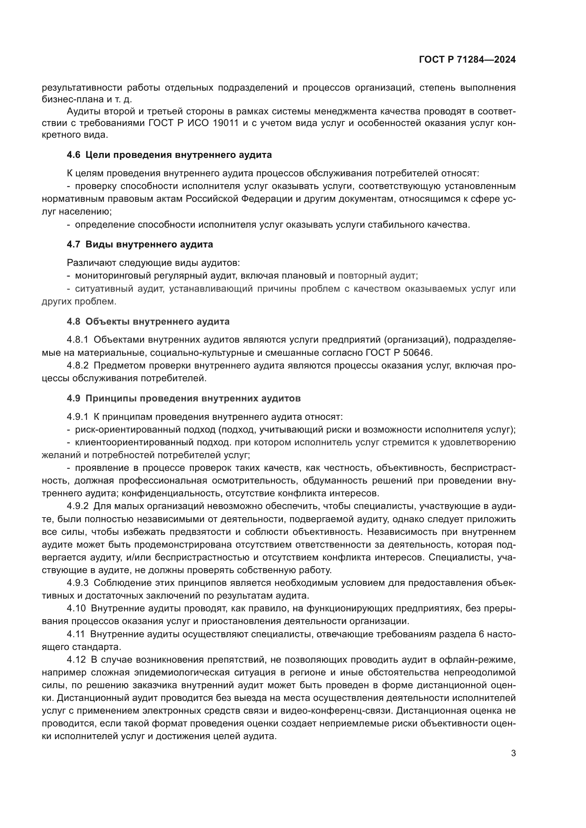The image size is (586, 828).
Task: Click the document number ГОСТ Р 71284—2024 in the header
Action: (x=467, y=60)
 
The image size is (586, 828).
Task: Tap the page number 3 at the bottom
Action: (x=513, y=753)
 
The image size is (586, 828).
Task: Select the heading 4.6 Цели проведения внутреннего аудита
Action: (x=169, y=155)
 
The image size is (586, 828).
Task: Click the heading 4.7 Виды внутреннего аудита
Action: (x=140, y=245)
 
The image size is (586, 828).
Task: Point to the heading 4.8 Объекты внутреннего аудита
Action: (x=148, y=321)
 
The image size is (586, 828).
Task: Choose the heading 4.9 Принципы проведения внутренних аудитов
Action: (x=184, y=399)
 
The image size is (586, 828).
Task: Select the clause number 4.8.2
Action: (x=77, y=365)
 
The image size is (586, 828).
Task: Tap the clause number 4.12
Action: (x=76, y=660)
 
